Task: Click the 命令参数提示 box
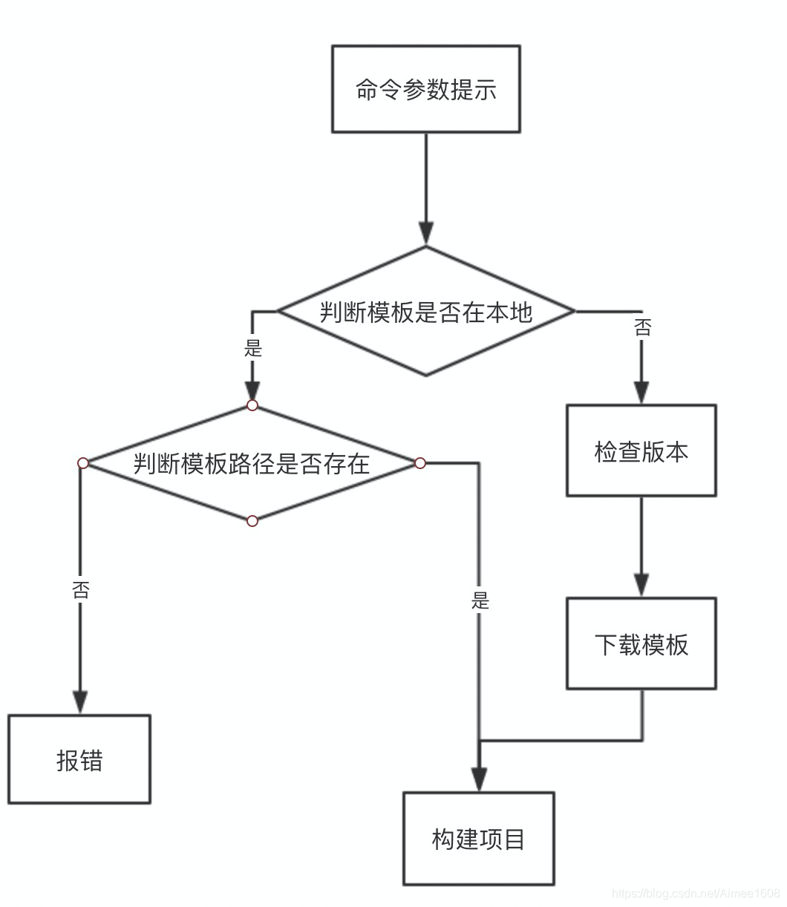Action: point(425,89)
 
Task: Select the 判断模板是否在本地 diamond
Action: point(425,312)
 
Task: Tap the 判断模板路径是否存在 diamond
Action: point(252,464)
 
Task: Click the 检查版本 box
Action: point(641,451)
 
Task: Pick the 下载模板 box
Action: point(641,644)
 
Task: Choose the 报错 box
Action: point(79,759)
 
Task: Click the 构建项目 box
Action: point(479,839)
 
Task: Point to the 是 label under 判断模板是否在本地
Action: point(253,347)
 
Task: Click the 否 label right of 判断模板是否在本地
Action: point(642,327)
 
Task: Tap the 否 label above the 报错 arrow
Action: point(80,590)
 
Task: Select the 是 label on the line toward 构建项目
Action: point(480,600)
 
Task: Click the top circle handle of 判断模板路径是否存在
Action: point(252,405)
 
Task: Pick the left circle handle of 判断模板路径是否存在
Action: point(83,463)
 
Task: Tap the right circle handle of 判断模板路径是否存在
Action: point(420,463)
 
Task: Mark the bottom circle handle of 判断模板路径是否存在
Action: point(252,521)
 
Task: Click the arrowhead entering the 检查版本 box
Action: point(641,393)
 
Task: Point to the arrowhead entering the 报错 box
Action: point(80,702)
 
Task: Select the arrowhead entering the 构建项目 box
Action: point(480,779)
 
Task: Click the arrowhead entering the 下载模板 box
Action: point(641,586)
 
